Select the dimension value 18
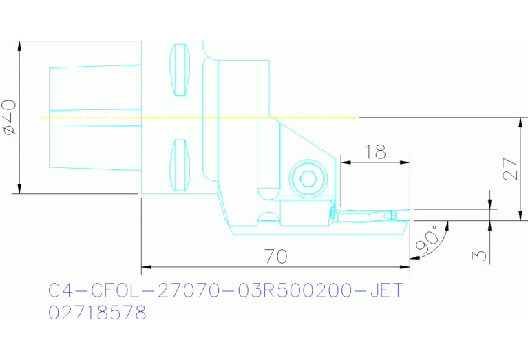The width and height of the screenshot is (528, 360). [x=375, y=152]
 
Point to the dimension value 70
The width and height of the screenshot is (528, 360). [x=275, y=257]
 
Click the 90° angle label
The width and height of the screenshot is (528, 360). [x=425, y=239]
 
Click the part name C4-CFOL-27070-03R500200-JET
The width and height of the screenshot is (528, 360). [x=224, y=290]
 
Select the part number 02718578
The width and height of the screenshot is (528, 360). [x=97, y=313]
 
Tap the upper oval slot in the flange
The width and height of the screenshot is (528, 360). [x=180, y=70]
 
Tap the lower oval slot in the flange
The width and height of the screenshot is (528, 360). [x=180, y=165]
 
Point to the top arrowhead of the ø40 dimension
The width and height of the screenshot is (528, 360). [x=20, y=46]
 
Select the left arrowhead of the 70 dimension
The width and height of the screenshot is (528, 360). [x=145, y=266]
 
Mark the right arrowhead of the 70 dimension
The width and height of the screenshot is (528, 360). [x=405, y=266]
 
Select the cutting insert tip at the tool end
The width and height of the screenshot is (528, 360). [x=406, y=215]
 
